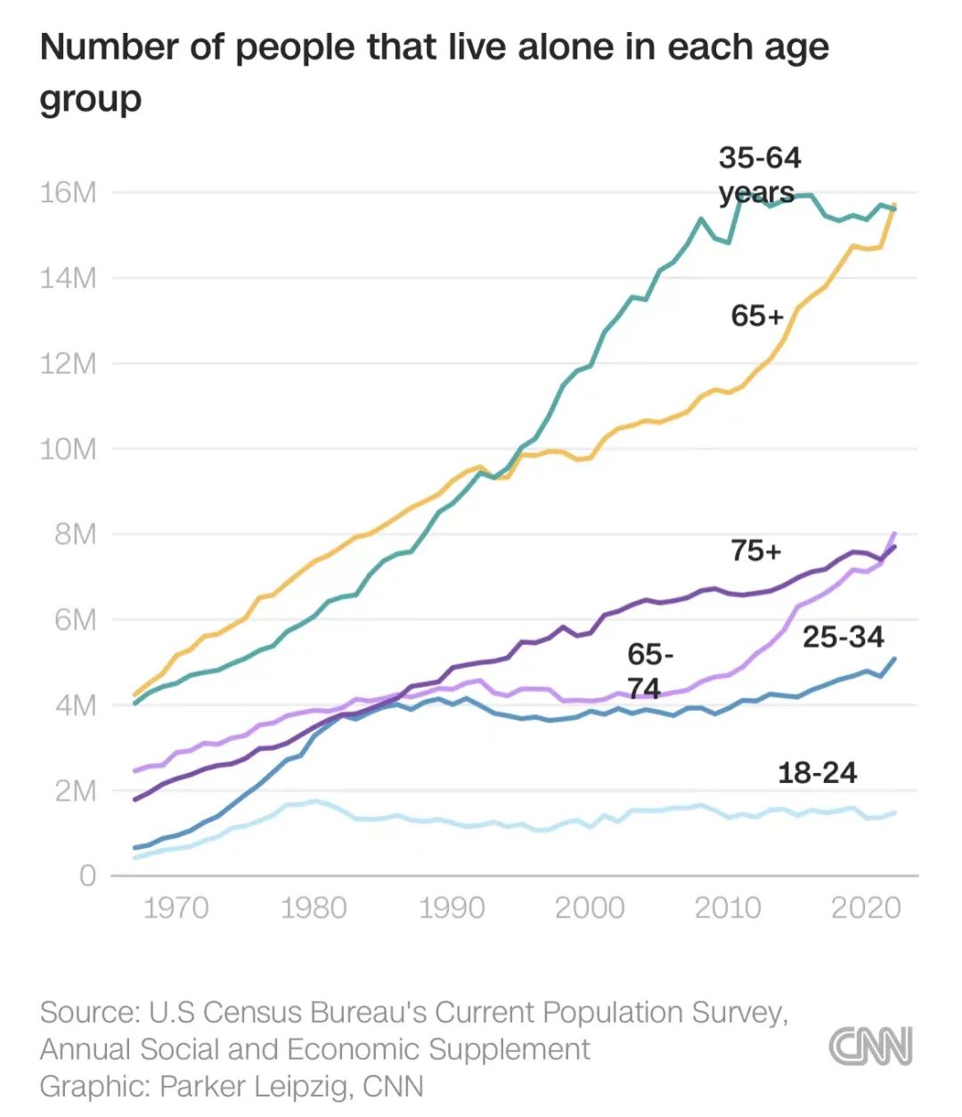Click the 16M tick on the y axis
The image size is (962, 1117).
(68, 192)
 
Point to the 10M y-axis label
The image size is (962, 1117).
(68, 449)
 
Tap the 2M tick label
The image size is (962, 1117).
(75, 791)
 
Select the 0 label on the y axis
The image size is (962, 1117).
(86, 876)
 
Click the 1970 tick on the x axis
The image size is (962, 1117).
(175, 908)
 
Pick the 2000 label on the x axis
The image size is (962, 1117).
(590, 908)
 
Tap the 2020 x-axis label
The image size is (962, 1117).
(866, 908)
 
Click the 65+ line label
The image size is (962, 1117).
(757, 315)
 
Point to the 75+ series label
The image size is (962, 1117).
(756, 551)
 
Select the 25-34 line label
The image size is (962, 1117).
(843, 637)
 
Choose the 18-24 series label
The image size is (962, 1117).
(817, 772)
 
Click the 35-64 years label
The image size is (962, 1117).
(759, 175)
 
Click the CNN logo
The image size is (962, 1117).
(870, 1046)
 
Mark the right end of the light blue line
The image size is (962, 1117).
(893, 812)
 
